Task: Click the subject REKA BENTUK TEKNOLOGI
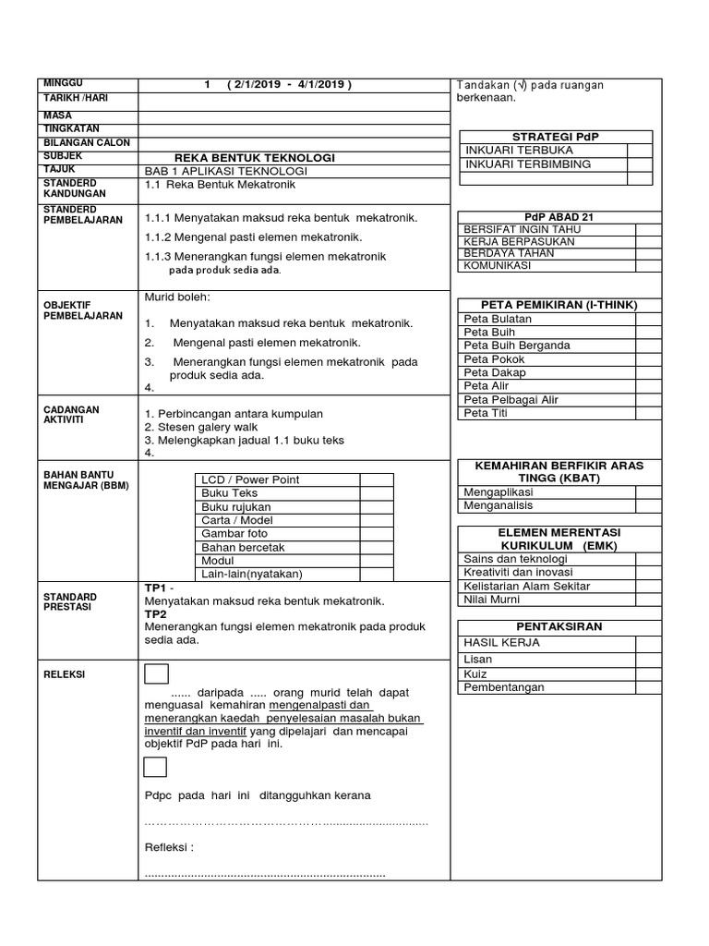(254, 158)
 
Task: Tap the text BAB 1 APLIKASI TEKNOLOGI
(226, 171)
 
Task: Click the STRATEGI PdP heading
(557, 136)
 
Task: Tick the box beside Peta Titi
(647, 413)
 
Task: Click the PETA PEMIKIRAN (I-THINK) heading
(559, 305)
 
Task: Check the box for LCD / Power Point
(377, 479)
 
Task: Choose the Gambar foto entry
(234, 533)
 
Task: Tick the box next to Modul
(377, 560)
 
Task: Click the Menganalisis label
(499, 505)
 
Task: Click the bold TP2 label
(155, 613)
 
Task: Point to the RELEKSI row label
(65, 674)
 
